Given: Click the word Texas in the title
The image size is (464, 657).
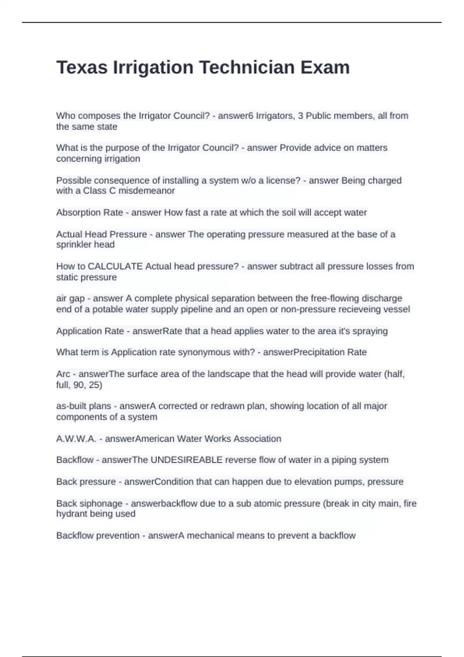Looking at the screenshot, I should coord(82,67).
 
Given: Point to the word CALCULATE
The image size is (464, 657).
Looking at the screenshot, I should coord(115,266).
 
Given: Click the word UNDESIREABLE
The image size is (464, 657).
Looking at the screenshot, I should coord(186,460).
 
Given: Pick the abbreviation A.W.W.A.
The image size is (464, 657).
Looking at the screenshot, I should coord(76,439).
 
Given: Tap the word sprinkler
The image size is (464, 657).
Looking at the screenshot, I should coord(73,245).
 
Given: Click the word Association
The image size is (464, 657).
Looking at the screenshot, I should coord(257,439).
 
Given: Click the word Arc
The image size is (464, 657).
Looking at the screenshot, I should coord(63,374).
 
